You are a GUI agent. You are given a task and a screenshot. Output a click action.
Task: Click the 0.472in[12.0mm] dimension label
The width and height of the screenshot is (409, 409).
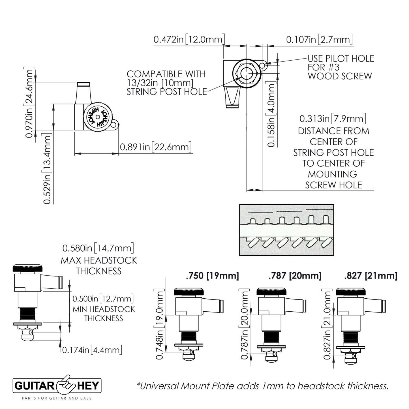point(189,39)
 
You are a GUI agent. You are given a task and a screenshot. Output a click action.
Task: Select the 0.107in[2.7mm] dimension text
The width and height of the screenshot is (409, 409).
point(319,39)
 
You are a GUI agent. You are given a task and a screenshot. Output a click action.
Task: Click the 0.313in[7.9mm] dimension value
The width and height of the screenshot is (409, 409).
point(333,119)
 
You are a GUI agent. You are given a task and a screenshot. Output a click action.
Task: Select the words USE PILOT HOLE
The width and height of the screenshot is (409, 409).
point(341,59)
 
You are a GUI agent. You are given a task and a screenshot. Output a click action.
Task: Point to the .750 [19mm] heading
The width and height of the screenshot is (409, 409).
point(212,275)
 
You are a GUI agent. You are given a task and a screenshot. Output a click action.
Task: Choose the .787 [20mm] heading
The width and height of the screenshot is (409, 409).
point(295,275)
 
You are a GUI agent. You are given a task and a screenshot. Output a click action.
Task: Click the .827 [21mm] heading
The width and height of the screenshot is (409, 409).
point(371,275)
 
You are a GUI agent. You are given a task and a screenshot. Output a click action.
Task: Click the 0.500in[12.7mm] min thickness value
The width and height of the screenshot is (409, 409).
point(103,299)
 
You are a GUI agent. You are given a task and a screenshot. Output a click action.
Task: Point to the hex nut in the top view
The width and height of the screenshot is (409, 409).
point(245,73)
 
